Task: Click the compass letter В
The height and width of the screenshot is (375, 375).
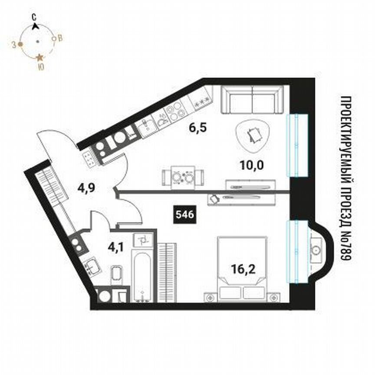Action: (60, 38)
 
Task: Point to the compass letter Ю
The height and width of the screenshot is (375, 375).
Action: (40, 67)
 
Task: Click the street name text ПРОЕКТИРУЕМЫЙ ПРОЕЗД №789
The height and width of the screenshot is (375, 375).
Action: (346, 178)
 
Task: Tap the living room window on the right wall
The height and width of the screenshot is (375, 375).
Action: (297, 145)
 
